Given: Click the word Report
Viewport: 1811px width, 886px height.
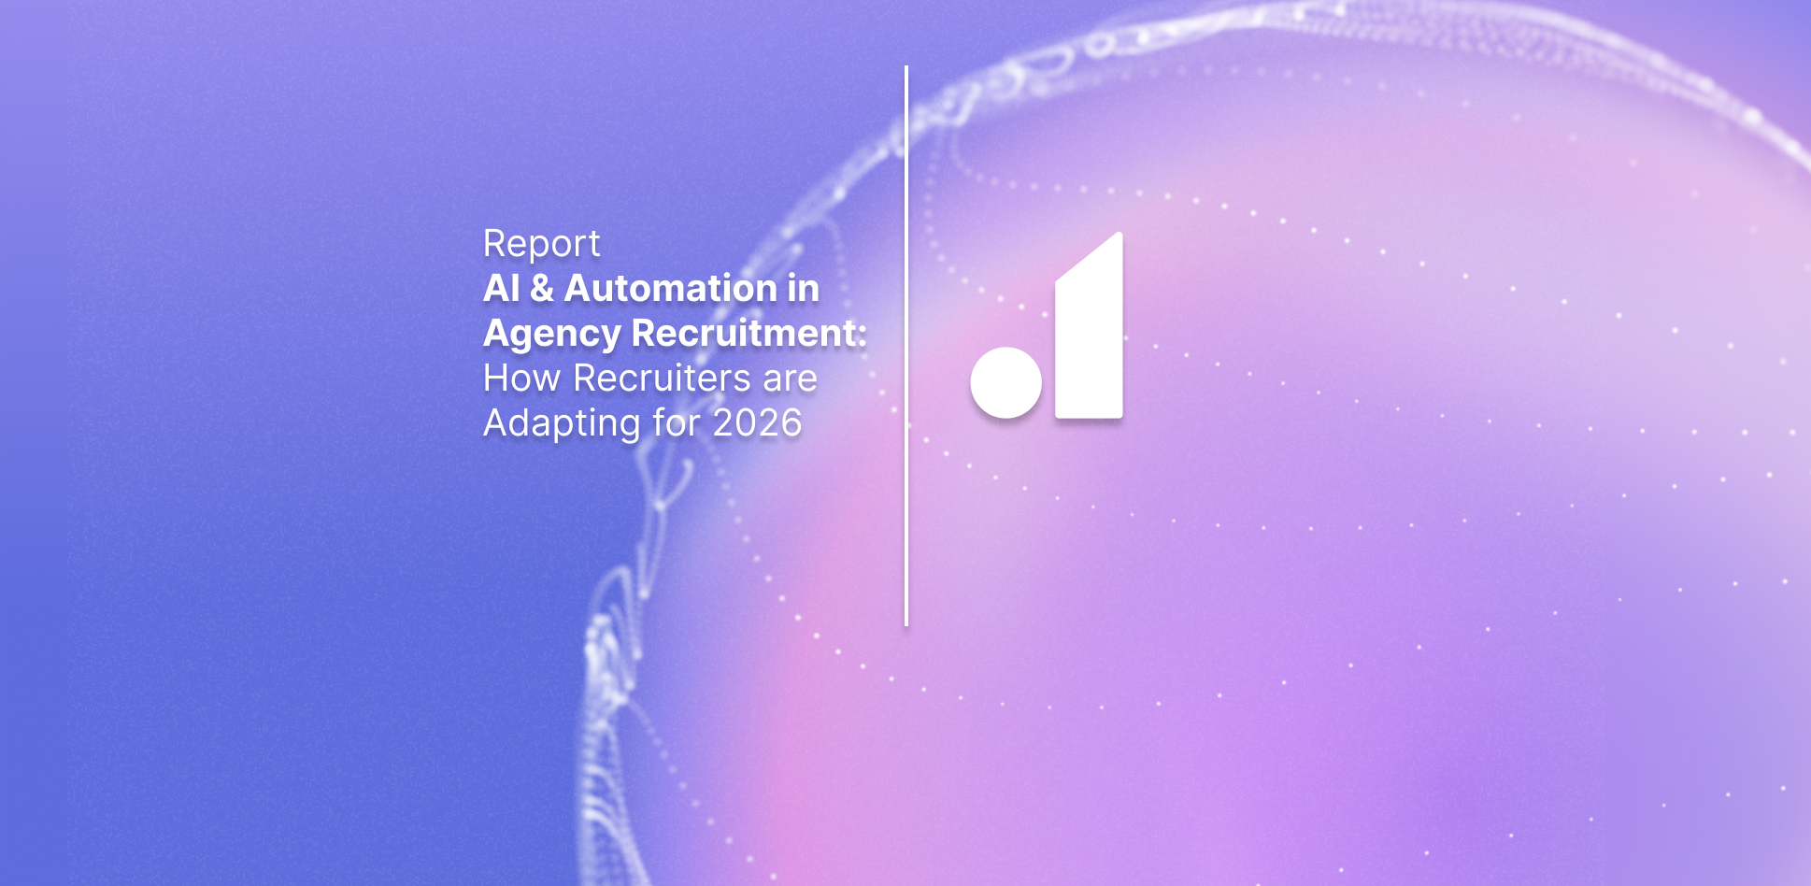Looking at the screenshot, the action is pos(541,245).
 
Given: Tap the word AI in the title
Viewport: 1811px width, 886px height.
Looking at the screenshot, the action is pos(501,288).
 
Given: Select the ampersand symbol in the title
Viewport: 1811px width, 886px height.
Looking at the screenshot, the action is pos(541,288).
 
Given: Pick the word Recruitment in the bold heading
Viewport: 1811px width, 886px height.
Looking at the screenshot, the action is pos(744,333).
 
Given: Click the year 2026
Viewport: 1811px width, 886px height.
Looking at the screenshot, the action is pos(757,423).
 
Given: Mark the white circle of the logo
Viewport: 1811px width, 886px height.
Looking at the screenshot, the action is pos(1005,382).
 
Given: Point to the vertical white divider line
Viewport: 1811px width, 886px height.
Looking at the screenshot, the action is pos(906,346).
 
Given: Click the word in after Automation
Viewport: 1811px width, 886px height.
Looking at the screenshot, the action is pos(803,288).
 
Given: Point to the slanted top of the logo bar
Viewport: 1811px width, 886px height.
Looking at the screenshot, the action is pos(1089,255).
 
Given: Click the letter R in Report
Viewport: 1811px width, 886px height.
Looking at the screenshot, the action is pos(494,244).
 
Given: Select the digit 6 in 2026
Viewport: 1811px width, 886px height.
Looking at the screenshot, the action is pos(791,423).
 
